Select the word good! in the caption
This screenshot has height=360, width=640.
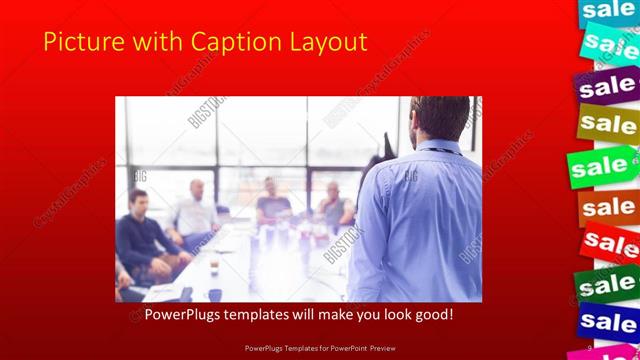pos(441,315)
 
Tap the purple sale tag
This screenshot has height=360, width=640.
pos(607,87)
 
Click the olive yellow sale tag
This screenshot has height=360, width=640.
pos(607,125)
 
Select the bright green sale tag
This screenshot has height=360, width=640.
pos(603,166)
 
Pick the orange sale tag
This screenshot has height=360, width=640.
pos(608,207)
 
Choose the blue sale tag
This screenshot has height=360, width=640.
pos(608,322)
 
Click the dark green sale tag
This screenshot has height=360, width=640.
pos(606,285)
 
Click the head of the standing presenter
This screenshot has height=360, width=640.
pos(439,117)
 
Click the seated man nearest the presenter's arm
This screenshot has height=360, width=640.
pos(334,205)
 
